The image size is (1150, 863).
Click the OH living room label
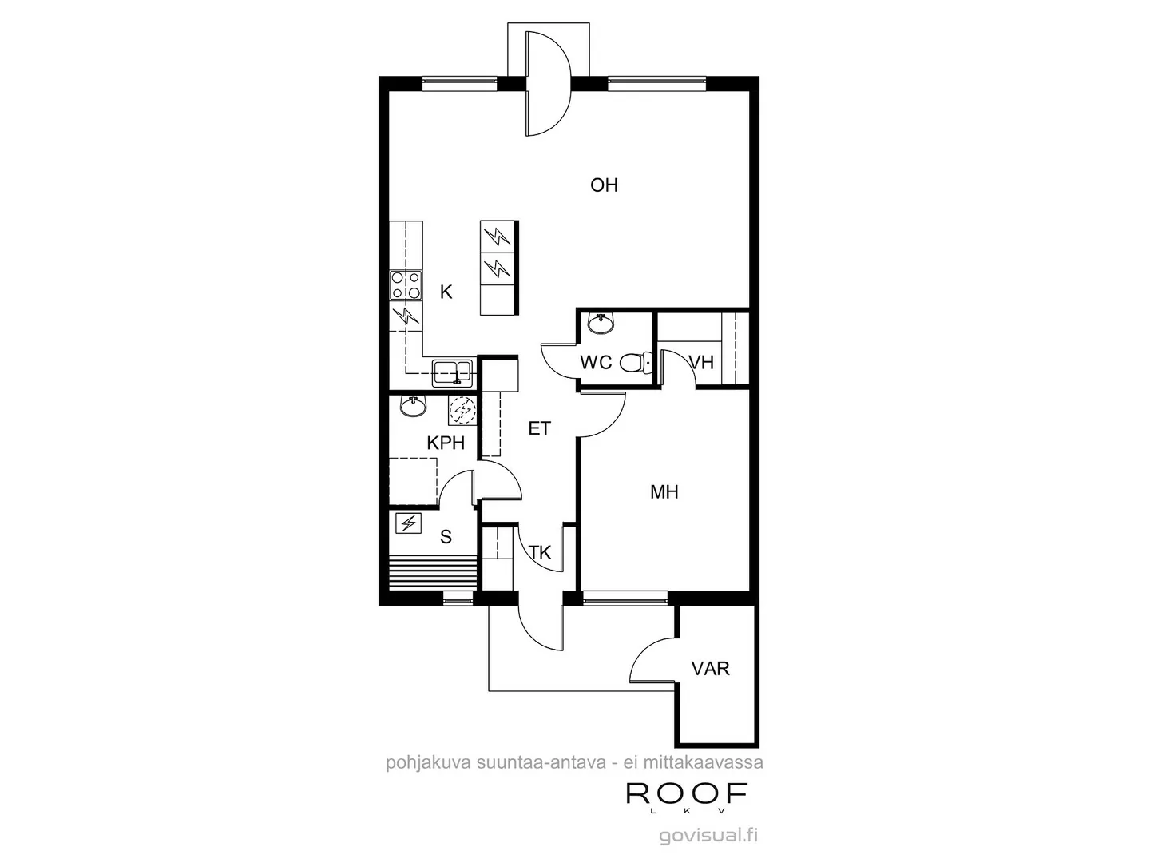(604, 185)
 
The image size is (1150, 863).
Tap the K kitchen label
(446, 292)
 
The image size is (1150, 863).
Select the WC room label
(596, 363)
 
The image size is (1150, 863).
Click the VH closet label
(701, 363)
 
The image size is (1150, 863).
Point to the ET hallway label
(540, 429)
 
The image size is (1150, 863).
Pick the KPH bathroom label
(446, 443)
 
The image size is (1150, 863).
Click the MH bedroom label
(664, 492)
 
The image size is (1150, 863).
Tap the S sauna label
(446, 537)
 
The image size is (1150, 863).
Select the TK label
(541, 552)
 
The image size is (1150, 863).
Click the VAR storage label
(711, 668)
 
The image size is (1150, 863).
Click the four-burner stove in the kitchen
(406, 285)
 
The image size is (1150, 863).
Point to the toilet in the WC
(633, 364)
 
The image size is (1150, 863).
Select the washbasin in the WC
(600, 324)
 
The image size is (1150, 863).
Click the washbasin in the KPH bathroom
(413, 407)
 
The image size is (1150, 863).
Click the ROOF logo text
(687, 793)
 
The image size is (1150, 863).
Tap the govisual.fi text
(708, 836)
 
